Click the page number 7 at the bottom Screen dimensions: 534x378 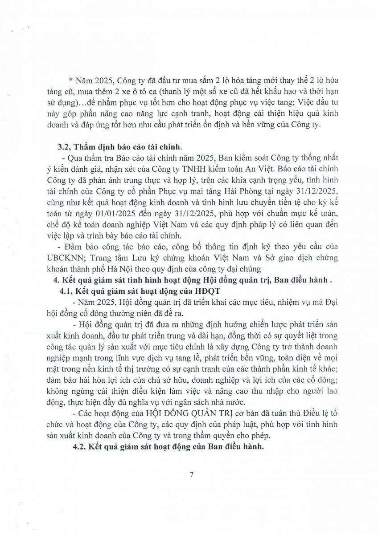[191, 474]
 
